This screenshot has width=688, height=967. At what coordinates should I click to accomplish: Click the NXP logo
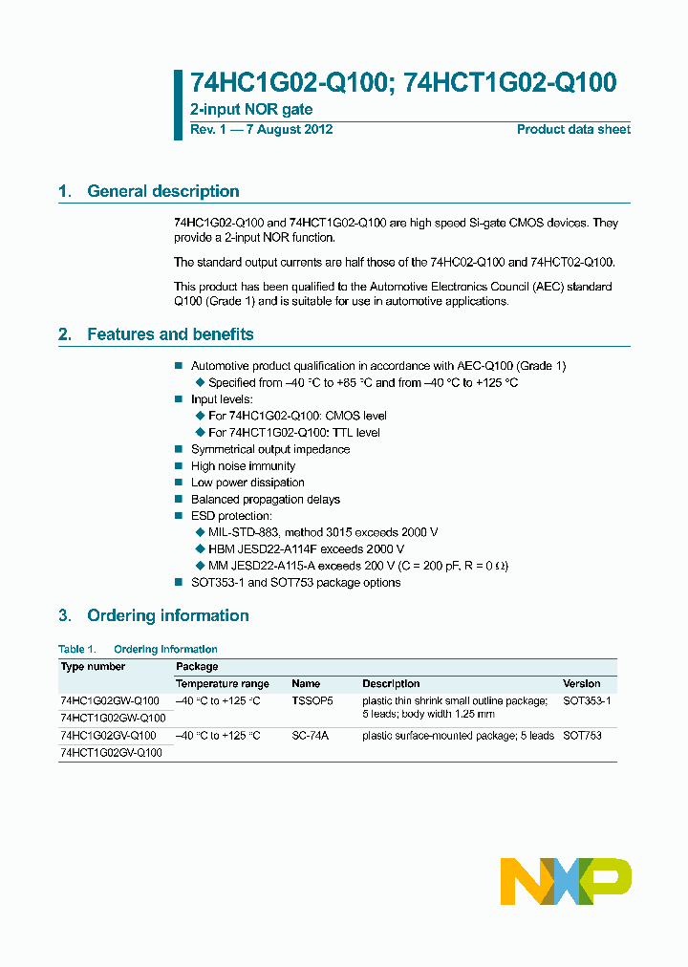[x=566, y=880]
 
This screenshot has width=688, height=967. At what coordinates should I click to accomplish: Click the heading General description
[x=162, y=191]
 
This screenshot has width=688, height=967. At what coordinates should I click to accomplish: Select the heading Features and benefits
[x=170, y=334]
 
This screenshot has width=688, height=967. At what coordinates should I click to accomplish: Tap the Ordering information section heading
[x=167, y=615]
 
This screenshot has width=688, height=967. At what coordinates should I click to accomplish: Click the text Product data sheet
[x=573, y=130]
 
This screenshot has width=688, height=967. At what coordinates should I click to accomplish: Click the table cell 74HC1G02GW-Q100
[x=109, y=701]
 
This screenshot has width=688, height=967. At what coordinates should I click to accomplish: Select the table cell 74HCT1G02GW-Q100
[x=112, y=718]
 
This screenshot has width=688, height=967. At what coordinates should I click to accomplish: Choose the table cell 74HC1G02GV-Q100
[x=107, y=736]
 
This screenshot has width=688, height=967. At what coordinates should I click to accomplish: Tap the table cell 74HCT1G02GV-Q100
[x=111, y=752]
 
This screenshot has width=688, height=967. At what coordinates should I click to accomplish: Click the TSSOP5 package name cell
[x=312, y=701]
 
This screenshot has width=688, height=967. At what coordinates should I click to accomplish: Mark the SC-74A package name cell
[x=310, y=736]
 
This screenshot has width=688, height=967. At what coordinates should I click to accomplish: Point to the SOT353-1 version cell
[x=587, y=701]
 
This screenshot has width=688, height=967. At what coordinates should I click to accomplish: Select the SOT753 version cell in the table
[x=582, y=736]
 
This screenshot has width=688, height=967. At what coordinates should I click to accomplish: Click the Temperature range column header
[x=222, y=684]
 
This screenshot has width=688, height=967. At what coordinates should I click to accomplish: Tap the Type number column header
[x=93, y=666]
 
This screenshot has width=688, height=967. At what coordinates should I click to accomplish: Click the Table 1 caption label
[x=77, y=649]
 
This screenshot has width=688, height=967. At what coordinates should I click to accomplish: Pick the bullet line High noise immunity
[x=243, y=466]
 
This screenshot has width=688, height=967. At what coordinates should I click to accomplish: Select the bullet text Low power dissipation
[x=247, y=483]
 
